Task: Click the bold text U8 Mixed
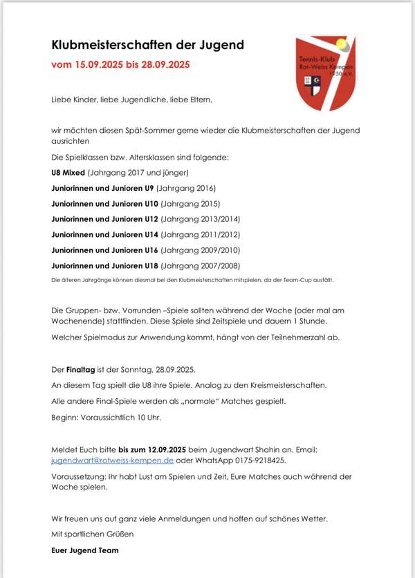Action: pyautogui.click(x=68, y=172)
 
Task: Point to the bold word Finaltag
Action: pyautogui.click(x=84, y=370)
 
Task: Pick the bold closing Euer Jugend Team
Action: pyautogui.click(x=85, y=550)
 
